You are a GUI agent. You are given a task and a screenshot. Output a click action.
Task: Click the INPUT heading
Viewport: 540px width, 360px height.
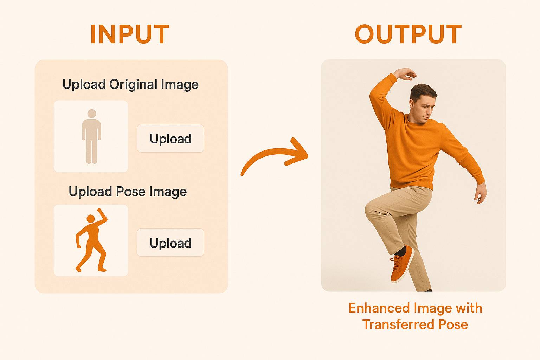click(130, 34)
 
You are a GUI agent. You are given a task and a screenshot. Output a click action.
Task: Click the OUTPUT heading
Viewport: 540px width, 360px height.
click(408, 34)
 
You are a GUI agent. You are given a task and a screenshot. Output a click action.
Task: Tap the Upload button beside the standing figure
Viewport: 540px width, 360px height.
click(170, 138)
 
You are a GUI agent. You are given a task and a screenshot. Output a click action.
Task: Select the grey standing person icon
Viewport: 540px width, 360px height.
click(91, 137)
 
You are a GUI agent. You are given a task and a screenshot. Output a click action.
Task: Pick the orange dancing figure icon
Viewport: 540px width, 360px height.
click(91, 241)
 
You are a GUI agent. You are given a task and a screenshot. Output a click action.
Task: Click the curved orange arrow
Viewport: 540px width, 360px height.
click(274, 156)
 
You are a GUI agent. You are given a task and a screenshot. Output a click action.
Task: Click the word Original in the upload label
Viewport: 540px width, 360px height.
click(133, 84)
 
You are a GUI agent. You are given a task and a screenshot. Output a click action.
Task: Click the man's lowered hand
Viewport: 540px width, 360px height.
click(481, 193)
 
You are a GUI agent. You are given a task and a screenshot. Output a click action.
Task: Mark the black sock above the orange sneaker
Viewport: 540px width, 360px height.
click(401, 252)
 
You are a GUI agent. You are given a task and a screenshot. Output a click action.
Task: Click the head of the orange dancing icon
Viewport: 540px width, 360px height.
click(91, 219)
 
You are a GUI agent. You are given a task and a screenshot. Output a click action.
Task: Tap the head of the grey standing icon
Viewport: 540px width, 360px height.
click(91, 114)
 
